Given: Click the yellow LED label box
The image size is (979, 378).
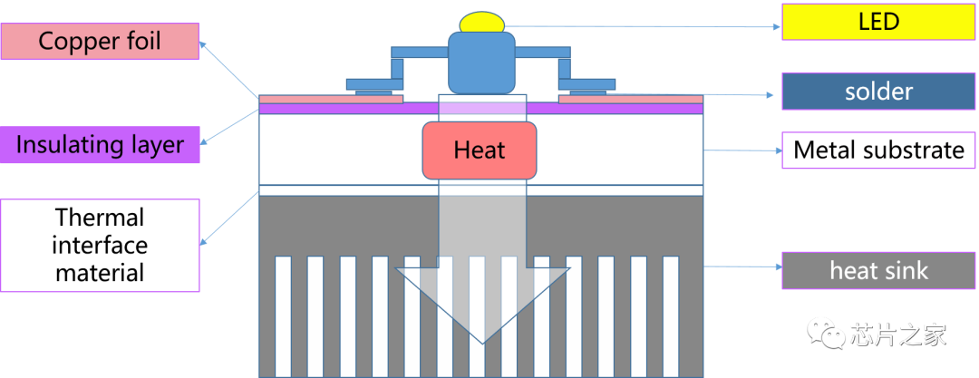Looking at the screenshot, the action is pos(878,22).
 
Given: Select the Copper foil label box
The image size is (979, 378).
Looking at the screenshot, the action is pos(100,41).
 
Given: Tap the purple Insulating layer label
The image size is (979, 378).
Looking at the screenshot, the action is pos(100,144).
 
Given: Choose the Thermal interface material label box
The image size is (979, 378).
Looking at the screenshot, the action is pos(100,245).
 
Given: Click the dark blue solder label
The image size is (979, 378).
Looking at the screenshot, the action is pos(878,92).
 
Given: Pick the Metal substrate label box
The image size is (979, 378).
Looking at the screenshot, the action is pos(878,150).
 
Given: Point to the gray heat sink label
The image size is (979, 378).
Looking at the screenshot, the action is pos(878,270).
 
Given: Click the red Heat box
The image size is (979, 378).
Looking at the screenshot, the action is pos(480,150).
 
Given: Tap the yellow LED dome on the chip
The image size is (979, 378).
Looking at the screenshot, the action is pos(482,23).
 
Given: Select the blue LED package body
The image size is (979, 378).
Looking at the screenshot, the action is pos(482,63).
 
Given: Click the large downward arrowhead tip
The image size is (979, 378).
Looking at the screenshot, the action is pos(482,343).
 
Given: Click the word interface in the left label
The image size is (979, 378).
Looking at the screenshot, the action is pos(100,245).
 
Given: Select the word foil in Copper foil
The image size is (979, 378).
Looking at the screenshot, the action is pos(142,41).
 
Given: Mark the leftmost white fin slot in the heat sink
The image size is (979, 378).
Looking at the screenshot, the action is pos(284,316).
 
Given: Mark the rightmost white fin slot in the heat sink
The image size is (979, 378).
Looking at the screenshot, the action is pos(671,316).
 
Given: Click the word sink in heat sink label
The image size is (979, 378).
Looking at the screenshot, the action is pos(905,270).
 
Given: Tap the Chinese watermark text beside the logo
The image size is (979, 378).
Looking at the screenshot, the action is pos(897,334).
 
